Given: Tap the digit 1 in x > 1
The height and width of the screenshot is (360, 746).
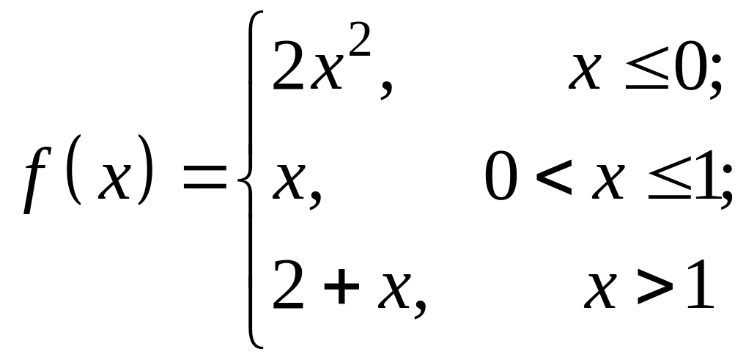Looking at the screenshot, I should pos(698,285).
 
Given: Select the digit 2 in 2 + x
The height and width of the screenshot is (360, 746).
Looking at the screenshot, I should pos(287,285).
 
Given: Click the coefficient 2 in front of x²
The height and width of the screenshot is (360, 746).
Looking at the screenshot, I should pos(287,67).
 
